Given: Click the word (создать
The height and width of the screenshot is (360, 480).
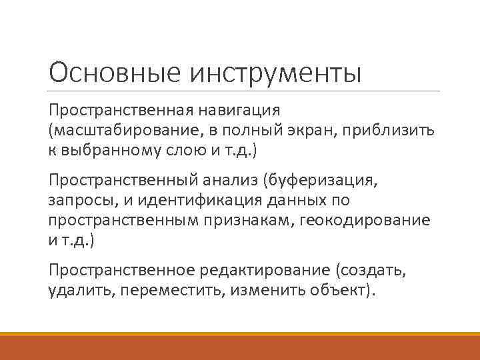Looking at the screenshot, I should tap(371, 269).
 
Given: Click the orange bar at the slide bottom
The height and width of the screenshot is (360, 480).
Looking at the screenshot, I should tap(240, 347).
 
